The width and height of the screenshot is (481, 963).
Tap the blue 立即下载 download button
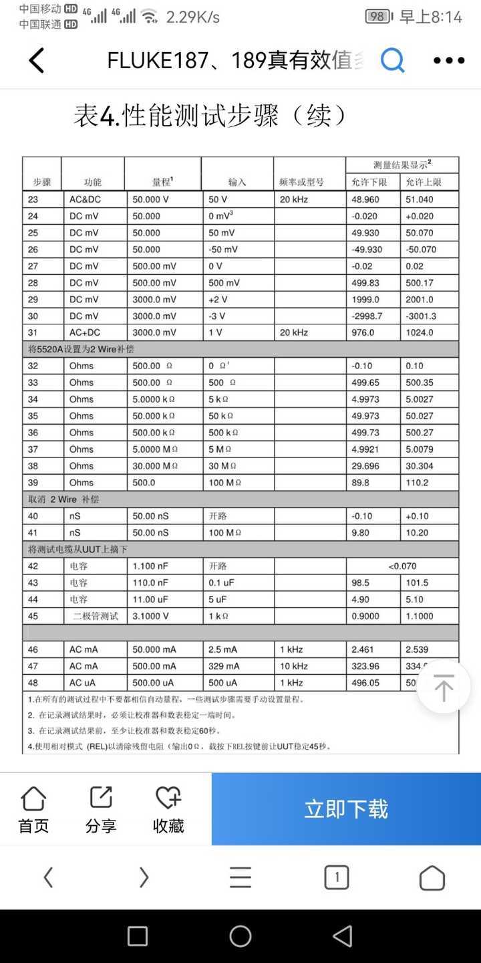(346, 809)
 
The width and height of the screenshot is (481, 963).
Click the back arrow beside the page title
(37, 61)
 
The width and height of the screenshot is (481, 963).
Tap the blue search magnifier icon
(393, 61)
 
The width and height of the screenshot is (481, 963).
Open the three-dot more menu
(449, 61)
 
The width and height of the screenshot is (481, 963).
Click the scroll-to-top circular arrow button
(444, 687)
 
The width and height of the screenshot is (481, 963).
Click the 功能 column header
(93, 182)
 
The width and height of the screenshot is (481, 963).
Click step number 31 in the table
(33, 332)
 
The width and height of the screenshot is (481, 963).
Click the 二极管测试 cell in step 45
(96, 616)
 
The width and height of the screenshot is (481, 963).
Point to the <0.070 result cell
(402, 566)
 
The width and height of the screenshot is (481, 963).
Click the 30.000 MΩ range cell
(155, 466)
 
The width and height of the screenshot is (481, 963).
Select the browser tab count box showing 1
(337, 877)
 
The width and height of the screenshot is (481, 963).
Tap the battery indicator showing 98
(378, 16)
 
